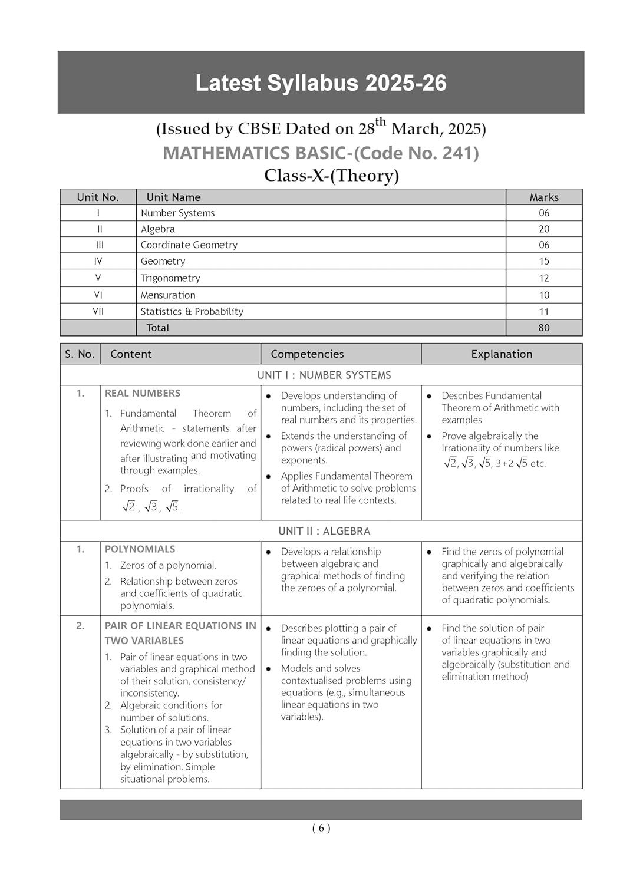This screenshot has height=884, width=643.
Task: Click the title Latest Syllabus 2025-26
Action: pyautogui.click(x=321, y=83)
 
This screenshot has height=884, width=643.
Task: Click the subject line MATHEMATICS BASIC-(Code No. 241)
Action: pyautogui.click(x=321, y=153)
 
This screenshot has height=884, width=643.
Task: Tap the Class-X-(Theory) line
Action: pyautogui.click(x=331, y=176)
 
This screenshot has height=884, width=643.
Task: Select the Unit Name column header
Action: pyautogui.click(x=173, y=197)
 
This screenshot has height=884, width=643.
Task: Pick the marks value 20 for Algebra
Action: pyautogui.click(x=543, y=229)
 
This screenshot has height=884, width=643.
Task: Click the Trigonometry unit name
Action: pyautogui.click(x=170, y=278)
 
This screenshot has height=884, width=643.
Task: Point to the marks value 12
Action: pyautogui.click(x=543, y=278)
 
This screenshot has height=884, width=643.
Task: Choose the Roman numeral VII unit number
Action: pyautogui.click(x=98, y=311)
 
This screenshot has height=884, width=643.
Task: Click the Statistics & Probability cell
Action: pyautogui.click(x=192, y=311)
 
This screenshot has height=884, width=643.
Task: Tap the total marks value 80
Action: pyautogui.click(x=543, y=328)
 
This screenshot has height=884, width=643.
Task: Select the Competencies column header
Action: pyautogui.click(x=307, y=354)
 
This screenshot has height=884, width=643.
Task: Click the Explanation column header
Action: pyautogui.click(x=502, y=354)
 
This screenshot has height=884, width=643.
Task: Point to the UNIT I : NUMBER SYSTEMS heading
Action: pyautogui.click(x=324, y=375)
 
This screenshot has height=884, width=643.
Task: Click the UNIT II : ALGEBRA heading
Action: pyautogui.click(x=324, y=531)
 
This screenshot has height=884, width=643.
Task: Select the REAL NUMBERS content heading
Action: pyautogui.click(x=143, y=393)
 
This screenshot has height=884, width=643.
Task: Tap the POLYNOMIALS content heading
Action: pyautogui.click(x=140, y=549)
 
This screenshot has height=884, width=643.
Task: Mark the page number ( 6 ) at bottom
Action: pyautogui.click(x=321, y=828)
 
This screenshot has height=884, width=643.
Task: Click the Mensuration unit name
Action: pyautogui.click(x=168, y=295)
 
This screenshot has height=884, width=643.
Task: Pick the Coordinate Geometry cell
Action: pyautogui.click(x=189, y=245)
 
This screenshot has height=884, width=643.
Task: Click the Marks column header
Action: pyautogui.click(x=543, y=197)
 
